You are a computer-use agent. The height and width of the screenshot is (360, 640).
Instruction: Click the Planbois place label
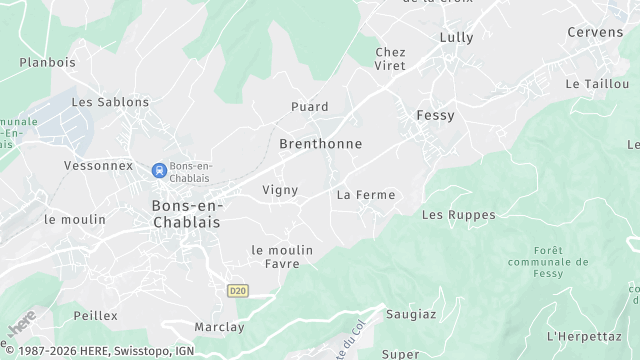pyautogui.click(x=47, y=62)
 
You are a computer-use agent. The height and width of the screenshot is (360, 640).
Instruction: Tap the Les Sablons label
pyautogui.click(x=110, y=102)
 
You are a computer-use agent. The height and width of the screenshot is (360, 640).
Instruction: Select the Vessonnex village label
pyautogui.click(x=98, y=165)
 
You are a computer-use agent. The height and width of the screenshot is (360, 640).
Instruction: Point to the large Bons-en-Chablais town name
pyautogui.click(x=188, y=213)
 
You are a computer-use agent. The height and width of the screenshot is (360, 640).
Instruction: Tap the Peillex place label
pyautogui.click(x=95, y=316)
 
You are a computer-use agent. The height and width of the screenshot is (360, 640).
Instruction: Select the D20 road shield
pyautogui.click(x=237, y=291)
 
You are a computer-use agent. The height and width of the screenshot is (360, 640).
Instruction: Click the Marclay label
pyautogui.click(x=219, y=327)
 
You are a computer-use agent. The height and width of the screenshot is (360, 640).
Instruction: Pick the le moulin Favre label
pyautogui.click(x=282, y=257)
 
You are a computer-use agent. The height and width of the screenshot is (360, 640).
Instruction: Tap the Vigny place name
pyautogui.click(x=280, y=190)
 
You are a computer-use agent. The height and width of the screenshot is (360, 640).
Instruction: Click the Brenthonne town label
pyautogui.click(x=320, y=144)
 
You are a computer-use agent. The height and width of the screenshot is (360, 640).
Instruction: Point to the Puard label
pyautogui.click(x=309, y=107)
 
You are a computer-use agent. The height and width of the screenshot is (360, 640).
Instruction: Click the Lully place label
pyautogui.click(x=456, y=37)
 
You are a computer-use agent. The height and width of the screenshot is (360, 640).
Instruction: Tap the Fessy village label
pyautogui.click(x=435, y=116)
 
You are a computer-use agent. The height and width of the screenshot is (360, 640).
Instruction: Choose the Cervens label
pyautogui.click(x=595, y=33)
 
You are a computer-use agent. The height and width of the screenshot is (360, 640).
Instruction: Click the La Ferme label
pyautogui.click(x=366, y=195)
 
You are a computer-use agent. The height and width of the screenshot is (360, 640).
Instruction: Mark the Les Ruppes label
pyautogui.click(x=458, y=215)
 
